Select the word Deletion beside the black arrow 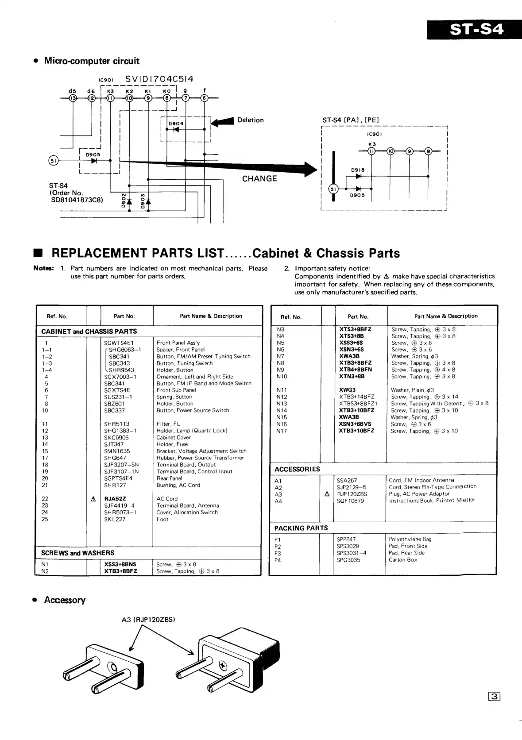(x=250, y=120)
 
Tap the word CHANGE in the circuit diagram (x=259, y=178)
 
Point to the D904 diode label (x=176, y=123)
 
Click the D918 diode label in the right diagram (x=358, y=170)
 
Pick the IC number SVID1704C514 (x=159, y=79)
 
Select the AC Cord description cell (x=167, y=498)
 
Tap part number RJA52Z (x=115, y=498)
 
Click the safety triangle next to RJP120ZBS (x=327, y=494)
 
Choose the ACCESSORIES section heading (x=297, y=469)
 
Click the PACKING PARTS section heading (x=301, y=528)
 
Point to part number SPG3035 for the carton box (x=348, y=560)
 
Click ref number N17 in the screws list (x=282, y=431)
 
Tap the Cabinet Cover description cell (x=174, y=437)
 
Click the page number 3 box (x=494, y=697)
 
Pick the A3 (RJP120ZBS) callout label (x=148, y=620)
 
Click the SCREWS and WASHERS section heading (x=77, y=553)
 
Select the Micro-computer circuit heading (x=91, y=61)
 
